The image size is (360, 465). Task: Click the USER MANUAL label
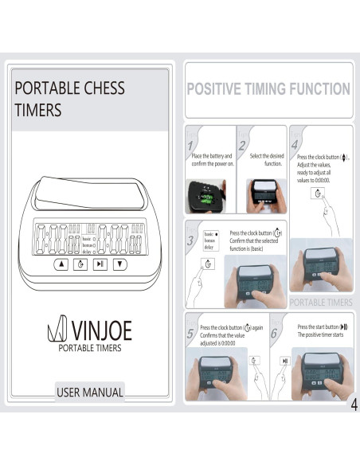[x=90, y=392]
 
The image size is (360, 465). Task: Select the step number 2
[x=241, y=146]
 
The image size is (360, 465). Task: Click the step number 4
[x=294, y=146]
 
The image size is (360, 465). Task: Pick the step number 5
[x=191, y=334]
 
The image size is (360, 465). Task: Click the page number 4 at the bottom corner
[x=353, y=405]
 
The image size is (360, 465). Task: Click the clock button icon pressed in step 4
[x=319, y=193]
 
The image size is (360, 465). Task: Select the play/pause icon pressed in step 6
[x=284, y=361]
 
